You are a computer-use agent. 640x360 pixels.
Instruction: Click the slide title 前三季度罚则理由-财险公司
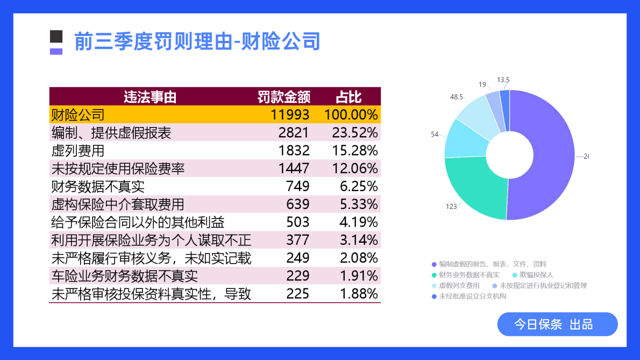click(197, 41)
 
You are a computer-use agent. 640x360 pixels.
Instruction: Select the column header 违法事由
click(150, 97)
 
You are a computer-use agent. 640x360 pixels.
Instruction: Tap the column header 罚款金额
click(283, 97)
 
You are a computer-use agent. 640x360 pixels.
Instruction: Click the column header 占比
click(349, 97)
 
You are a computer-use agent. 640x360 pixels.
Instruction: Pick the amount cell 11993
click(290, 115)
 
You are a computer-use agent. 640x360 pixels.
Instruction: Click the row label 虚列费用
click(77, 151)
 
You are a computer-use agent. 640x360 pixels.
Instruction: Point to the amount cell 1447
click(294, 168)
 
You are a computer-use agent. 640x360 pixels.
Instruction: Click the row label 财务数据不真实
click(98, 187)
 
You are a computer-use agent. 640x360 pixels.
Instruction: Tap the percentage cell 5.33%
click(359, 204)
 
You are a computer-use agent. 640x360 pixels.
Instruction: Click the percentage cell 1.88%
click(359, 294)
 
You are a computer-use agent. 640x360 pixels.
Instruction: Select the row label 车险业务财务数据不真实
click(124, 276)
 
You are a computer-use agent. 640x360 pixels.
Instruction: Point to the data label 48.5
click(457, 97)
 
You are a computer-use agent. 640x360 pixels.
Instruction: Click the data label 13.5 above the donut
click(503, 80)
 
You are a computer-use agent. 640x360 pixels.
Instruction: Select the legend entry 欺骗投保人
click(536, 275)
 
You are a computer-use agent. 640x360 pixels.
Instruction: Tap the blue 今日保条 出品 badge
click(557, 324)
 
